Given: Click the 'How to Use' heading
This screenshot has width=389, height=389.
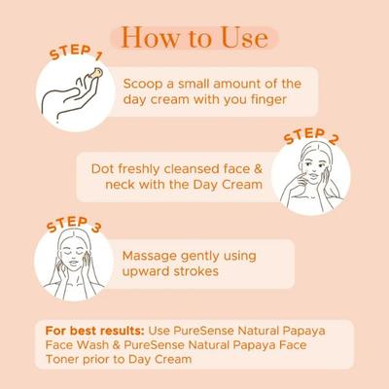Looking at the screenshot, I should pyautogui.click(x=194, y=38).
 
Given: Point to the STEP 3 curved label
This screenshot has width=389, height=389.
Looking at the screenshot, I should pyautogui.click(x=73, y=228).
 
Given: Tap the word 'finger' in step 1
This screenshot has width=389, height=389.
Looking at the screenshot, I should pyautogui.click(x=278, y=101).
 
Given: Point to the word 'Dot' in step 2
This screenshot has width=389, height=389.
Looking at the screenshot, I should pyautogui.click(x=103, y=167).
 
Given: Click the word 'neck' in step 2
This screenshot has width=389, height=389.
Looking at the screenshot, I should pyautogui.click(x=107, y=185).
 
